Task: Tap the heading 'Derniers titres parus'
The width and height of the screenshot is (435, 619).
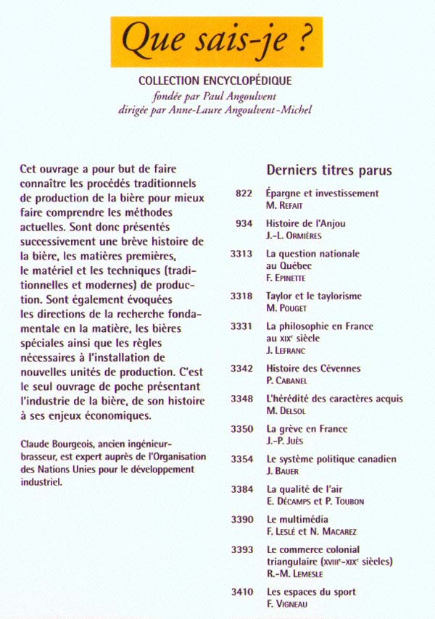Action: coord(329,170)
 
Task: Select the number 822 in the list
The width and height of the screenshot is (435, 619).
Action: coord(244,194)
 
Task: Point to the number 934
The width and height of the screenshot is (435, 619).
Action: coord(244,224)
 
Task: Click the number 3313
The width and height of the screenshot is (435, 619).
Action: coord(241,254)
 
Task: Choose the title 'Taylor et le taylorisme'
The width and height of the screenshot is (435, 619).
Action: coord(314,296)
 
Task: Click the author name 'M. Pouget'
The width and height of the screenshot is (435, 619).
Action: coord(288,307)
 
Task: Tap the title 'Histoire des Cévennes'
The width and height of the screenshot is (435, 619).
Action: coord(313,368)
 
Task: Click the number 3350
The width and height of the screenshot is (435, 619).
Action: coord(241,429)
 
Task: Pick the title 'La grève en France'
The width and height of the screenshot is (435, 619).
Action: coord(307,429)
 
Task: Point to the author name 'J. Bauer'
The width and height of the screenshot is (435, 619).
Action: coord(283,471)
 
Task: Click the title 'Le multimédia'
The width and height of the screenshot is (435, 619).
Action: coord(297,520)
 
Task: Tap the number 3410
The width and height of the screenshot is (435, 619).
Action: coord(241,592)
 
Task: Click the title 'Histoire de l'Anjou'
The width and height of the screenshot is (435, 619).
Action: coord(306,224)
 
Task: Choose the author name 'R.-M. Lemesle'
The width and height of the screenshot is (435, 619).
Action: coord(297,573)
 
